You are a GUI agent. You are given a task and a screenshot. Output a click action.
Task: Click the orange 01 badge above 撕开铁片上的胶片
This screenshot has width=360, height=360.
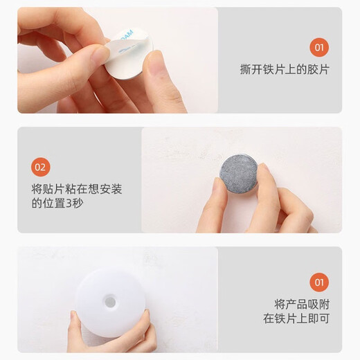(x=319, y=48)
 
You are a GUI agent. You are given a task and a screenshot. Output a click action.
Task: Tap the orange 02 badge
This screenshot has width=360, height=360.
(x=41, y=167)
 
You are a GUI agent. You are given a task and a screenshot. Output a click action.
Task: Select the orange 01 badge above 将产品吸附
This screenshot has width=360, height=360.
(x=319, y=282)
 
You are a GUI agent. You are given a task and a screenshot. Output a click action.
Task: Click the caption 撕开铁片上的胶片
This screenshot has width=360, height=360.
(x=285, y=69)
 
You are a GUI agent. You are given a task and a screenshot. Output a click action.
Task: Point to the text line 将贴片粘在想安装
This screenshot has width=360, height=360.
(x=77, y=189)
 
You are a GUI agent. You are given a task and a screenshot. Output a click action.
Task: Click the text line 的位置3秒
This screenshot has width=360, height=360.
(x=57, y=204)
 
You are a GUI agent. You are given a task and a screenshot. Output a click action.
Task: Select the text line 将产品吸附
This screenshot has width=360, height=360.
(x=302, y=304)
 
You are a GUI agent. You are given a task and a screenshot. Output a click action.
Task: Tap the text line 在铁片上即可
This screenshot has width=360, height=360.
(x=296, y=318)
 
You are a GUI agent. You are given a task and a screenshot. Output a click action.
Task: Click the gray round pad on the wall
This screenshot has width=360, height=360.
(x=239, y=174)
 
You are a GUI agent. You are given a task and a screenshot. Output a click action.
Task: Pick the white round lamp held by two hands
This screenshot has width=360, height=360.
(x=110, y=303)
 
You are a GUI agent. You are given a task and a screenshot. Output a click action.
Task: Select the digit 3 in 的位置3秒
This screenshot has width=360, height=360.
(x=69, y=204)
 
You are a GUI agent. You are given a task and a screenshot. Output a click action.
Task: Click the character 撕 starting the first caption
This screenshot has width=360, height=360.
(x=245, y=69)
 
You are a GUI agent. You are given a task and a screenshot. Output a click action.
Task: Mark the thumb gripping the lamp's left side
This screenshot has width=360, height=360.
(x=74, y=321)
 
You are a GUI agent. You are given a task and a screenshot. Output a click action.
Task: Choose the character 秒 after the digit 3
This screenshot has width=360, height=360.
(x=78, y=204)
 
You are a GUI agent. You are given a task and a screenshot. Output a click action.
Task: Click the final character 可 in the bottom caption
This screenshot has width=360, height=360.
(x=324, y=318)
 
